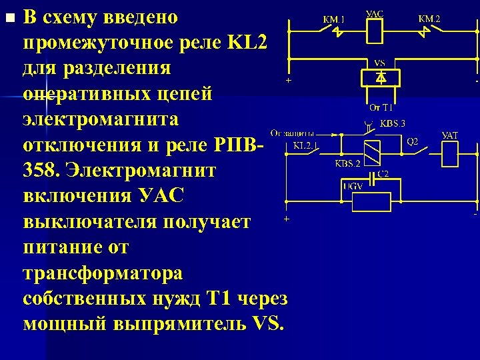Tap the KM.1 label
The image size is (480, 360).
pos(334,19)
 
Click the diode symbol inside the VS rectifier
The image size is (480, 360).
pos(379,78)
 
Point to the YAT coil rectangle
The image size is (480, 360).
pos(451,155)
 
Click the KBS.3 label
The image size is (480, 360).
pos(393,123)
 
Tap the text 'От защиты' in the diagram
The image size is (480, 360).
pos(293,132)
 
